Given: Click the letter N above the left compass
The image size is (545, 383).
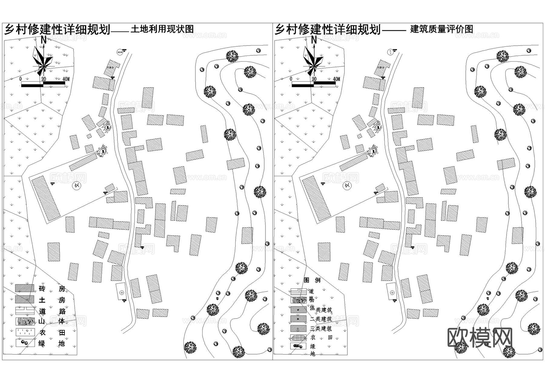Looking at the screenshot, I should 44,40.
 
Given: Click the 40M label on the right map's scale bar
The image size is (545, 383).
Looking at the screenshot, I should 336,79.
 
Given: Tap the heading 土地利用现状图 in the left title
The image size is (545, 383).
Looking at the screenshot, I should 162,29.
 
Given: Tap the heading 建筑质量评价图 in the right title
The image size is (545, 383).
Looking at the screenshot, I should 441,29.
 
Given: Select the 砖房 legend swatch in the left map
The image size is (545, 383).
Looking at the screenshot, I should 25,288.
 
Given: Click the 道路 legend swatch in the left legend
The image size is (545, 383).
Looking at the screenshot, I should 25,311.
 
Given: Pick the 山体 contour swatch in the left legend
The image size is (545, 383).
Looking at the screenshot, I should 25,321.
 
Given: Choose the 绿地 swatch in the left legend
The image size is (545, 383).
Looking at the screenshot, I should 25,343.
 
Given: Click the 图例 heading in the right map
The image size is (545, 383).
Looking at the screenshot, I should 312,280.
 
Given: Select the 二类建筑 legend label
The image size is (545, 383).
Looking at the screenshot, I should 321,319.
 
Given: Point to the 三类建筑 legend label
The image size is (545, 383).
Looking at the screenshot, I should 321,328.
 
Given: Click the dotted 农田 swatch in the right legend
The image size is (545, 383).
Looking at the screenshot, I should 298,338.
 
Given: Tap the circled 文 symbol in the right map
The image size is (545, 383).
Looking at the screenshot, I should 348,186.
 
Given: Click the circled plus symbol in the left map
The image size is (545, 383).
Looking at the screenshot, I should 122,293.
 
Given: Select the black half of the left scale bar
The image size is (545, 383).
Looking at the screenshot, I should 32,85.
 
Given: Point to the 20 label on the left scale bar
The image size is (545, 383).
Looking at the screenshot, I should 44,79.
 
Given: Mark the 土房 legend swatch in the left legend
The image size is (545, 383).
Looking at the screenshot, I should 25,299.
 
